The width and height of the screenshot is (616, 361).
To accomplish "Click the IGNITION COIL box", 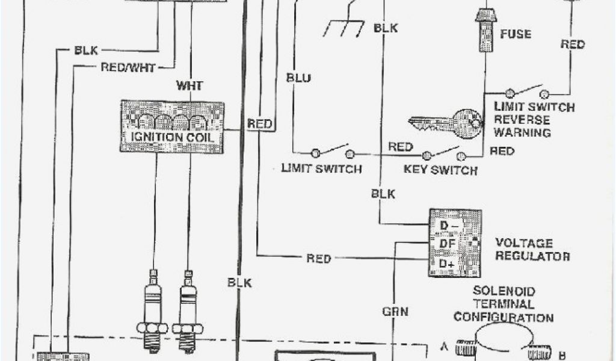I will click(172, 126).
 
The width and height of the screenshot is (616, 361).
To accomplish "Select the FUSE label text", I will click(516, 34).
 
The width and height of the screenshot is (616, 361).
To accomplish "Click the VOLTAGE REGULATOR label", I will click(532, 250).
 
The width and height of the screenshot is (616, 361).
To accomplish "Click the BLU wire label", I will click(299, 78).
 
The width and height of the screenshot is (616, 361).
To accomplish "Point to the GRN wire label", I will click(395, 311).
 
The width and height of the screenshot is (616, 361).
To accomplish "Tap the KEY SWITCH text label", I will click(440, 170).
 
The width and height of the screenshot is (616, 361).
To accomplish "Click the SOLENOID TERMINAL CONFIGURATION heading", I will click(504, 304).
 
